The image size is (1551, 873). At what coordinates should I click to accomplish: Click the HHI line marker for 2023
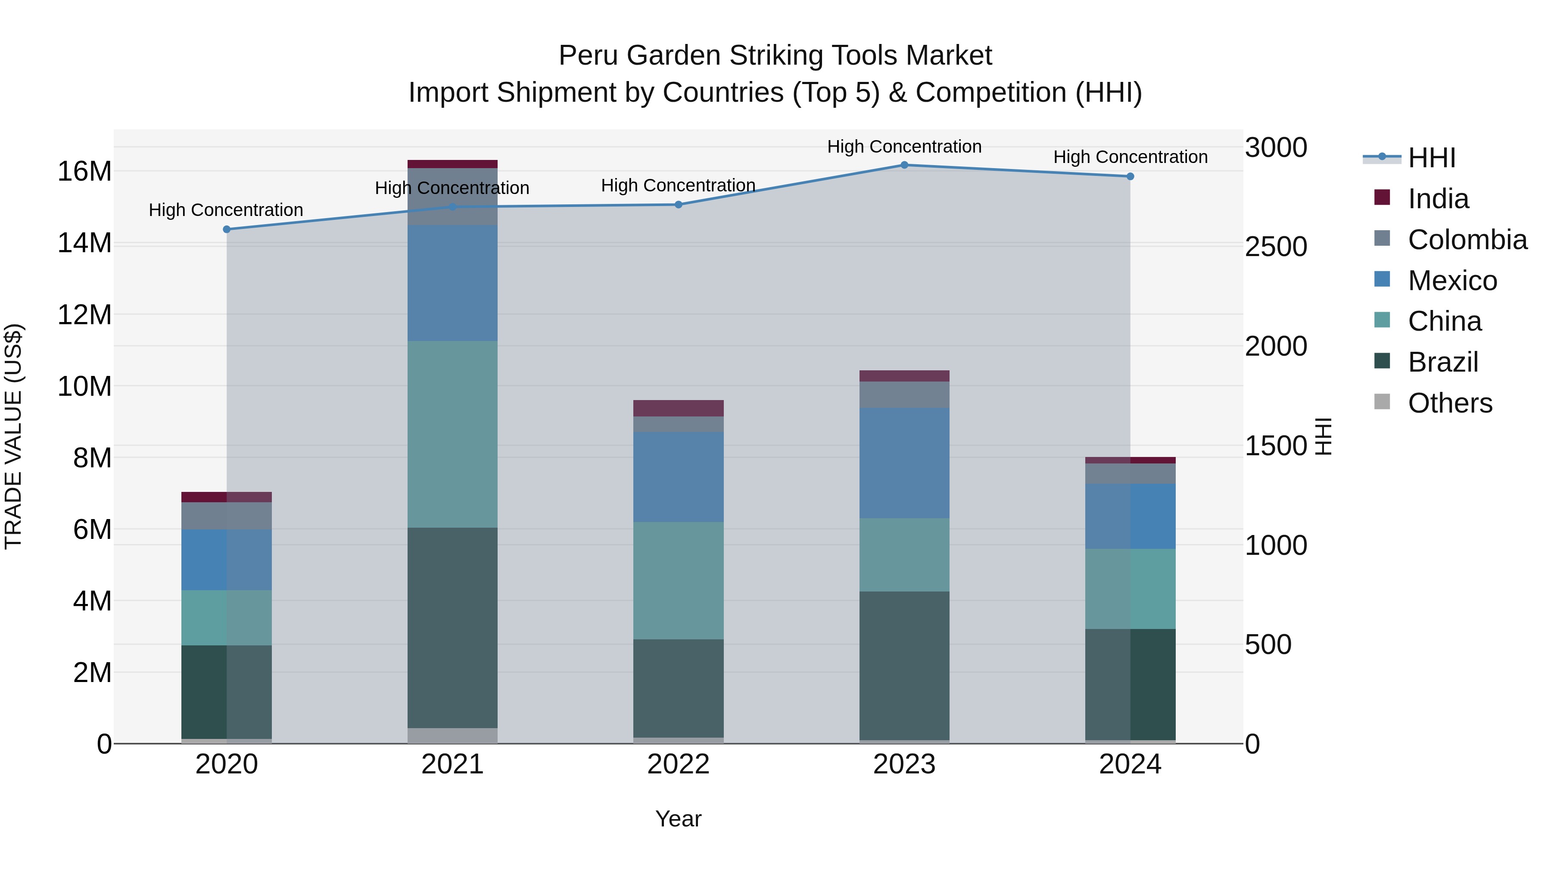pos(904,165)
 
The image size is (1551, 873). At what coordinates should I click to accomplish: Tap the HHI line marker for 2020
pos(226,229)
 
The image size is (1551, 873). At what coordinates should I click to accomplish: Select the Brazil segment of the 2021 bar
pos(452,627)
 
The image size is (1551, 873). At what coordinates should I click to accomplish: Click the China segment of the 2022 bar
pos(678,580)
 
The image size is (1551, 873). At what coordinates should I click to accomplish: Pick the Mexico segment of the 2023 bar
pos(904,463)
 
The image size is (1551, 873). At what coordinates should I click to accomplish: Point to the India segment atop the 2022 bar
pos(678,409)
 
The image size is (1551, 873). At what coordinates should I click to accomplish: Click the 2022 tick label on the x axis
pos(678,764)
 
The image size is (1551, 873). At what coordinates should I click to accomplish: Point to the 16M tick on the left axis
pos(84,172)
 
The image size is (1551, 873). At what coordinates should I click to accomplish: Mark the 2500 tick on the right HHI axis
pos(1276,247)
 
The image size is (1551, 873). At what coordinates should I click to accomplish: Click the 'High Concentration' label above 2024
pos(1130,157)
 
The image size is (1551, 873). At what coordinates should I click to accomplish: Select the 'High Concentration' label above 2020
pos(226,210)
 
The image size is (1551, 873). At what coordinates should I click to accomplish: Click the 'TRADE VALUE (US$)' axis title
pos(13,436)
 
